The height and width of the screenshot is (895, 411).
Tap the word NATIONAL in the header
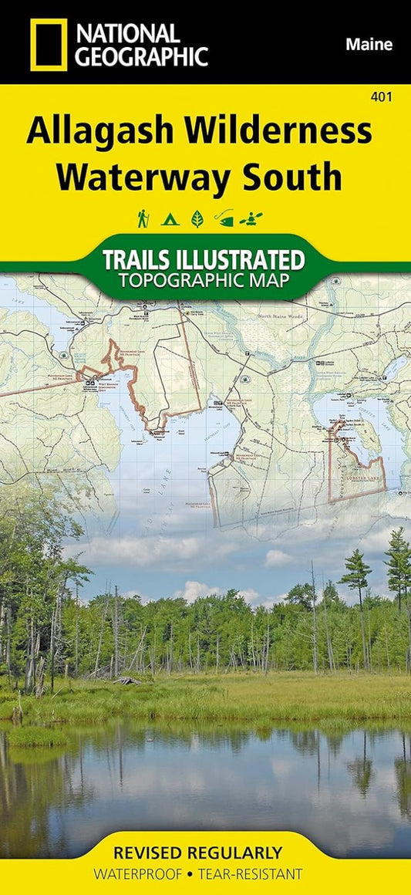pyautogui.click(x=128, y=32)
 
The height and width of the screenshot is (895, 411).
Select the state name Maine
pyautogui.click(x=369, y=45)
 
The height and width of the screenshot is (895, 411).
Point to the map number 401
pyautogui.click(x=380, y=96)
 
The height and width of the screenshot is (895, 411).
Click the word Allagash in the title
pyautogui.click(x=100, y=132)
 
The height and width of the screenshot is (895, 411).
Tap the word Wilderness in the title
pyautogui.click(x=279, y=132)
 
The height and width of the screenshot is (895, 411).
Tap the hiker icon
pyautogui.click(x=143, y=220)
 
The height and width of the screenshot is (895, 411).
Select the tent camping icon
pyautogui.click(x=170, y=220)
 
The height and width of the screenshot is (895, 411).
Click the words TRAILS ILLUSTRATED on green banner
pyautogui.click(x=204, y=258)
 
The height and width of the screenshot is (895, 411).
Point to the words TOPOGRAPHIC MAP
pyautogui.click(x=204, y=279)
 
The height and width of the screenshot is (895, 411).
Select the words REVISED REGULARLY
pyautogui.click(x=197, y=853)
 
